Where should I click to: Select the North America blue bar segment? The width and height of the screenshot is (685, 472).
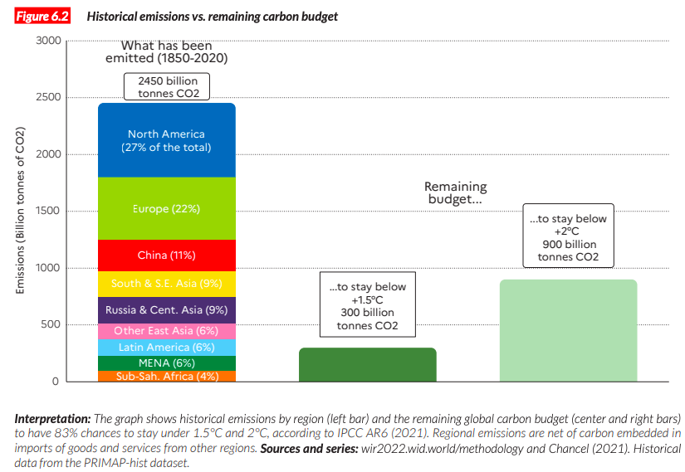(x=167, y=140)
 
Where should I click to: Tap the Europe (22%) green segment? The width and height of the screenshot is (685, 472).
(x=167, y=208)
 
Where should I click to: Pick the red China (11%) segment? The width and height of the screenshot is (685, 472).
(x=167, y=255)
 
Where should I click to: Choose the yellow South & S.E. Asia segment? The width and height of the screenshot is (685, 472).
(x=167, y=284)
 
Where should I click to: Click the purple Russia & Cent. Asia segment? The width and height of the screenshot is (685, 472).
(x=167, y=310)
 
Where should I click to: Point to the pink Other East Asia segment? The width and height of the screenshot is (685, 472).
(x=167, y=331)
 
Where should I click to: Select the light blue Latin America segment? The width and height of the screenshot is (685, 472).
(x=167, y=348)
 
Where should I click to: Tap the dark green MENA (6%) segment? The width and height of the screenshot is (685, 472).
(x=167, y=363)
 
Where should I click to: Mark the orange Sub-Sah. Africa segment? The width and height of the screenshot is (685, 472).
(x=167, y=377)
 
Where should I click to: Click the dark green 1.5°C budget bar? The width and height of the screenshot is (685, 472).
(x=367, y=365)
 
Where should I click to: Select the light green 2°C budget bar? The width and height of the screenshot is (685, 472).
(x=568, y=331)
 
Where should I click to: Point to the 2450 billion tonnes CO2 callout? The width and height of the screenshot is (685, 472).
(x=167, y=87)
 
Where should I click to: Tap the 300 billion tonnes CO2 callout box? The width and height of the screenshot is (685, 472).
(x=367, y=307)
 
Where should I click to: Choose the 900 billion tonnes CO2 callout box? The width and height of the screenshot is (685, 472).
(x=569, y=236)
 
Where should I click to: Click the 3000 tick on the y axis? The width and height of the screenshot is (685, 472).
(x=49, y=41)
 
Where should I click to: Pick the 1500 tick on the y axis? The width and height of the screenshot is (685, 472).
(x=49, y=211)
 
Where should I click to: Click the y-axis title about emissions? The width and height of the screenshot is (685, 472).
(x=21, y=211)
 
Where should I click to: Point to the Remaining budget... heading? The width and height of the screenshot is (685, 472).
(x=455, y=193)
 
